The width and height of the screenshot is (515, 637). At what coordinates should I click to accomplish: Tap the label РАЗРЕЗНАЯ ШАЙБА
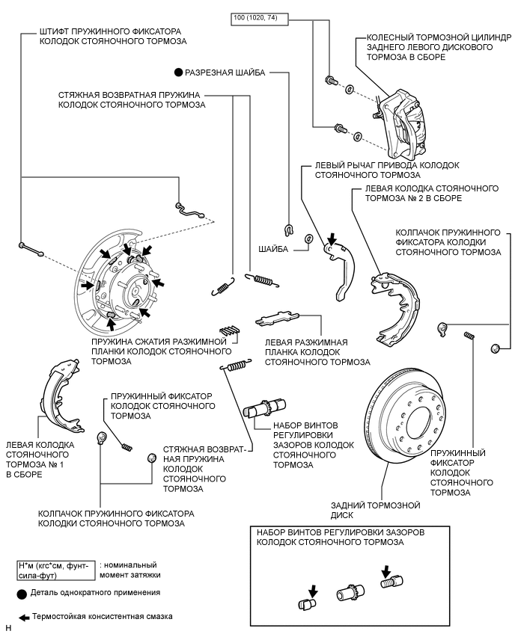pyautogui.click(x=225, y=73)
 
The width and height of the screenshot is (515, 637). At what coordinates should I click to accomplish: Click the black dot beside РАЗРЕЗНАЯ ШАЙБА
pyautogui.click(x=177, y=73)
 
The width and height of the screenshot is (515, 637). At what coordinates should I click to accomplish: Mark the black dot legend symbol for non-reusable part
pyautogui.click(x=22, y=593)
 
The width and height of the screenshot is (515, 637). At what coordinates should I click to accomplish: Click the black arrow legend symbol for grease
pyautogui.click(x=23, y=618)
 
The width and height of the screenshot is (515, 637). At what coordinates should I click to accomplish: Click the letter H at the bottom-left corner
pyautogui.click(x=7, y=630)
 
